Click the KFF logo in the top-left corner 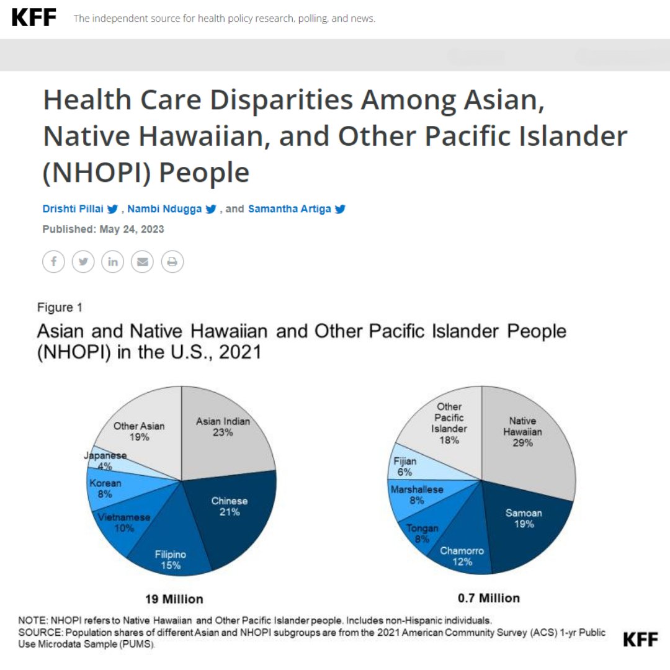coord(34,17)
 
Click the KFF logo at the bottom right coord(640,640)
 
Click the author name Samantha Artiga coord(289,209)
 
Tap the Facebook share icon coord(53,262)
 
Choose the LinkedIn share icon coord(112,262)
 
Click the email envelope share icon coord(142,262)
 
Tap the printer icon coord(172,262)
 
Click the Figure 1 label coord(60,308)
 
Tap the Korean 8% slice coord(105,488)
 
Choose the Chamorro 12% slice coord(462,555)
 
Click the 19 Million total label coord(174,599)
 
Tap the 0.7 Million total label coord(489,598)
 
